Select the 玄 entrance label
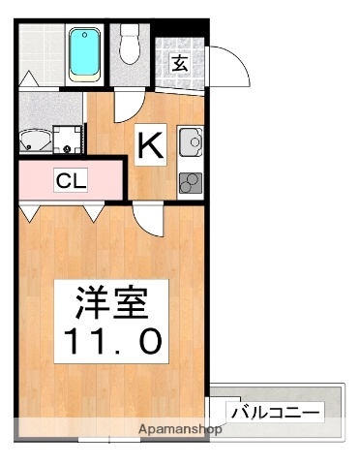click(x=180, y=64)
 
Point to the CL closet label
click(x=69, y=179)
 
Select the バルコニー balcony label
click(x=274, y=412)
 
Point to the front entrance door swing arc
click(x=225, y=68)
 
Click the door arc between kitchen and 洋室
click(x=147, y=219)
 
